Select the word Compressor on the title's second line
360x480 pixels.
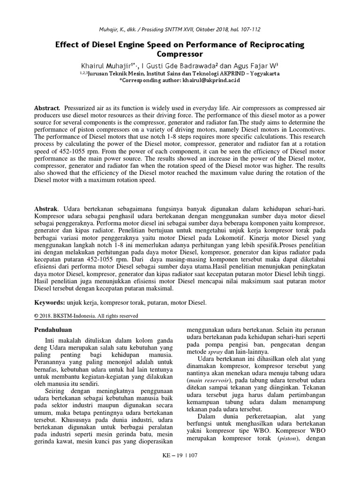(x=180, y=54)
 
